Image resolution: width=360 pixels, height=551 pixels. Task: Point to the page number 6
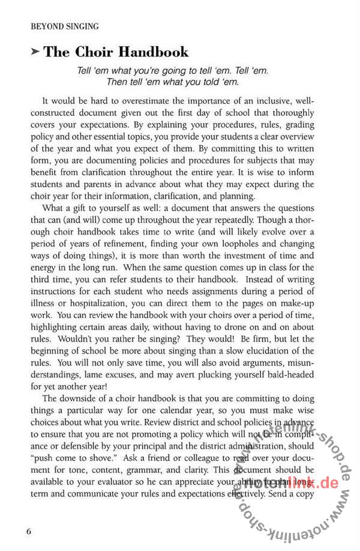pos(29,532)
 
